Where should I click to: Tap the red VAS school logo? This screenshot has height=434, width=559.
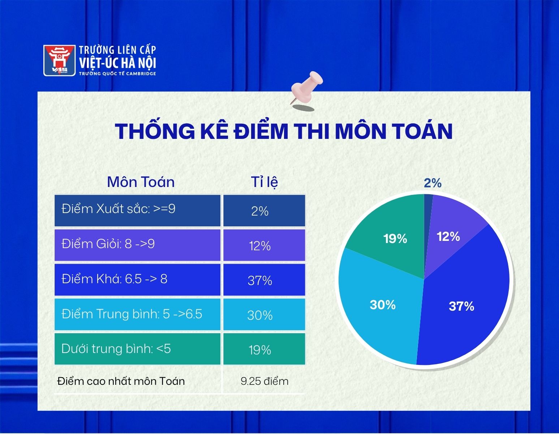pos(59,60)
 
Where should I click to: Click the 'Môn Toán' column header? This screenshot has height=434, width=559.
pos(141,182)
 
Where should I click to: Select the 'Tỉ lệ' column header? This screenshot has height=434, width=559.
pos(264,182)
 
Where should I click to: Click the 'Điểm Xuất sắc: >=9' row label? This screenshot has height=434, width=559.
pos(118,209)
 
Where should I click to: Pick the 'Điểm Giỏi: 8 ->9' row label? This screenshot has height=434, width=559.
pos(108,243)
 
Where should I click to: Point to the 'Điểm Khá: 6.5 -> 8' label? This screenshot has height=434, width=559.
pos(115,279)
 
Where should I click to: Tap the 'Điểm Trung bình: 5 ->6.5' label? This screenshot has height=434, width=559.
pos(132,314)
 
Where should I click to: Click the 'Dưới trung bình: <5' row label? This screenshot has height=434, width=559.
pos(116,349)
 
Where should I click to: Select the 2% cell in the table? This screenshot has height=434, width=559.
pos(264,210)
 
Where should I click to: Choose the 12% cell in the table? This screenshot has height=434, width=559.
pos(264,245)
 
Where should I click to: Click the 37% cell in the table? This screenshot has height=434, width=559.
pos(264,280)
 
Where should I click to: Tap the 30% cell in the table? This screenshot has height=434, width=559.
pos(264,315)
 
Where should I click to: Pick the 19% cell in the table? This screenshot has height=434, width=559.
pos(264,349)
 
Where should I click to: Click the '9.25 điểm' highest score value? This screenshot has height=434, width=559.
pos(265,381)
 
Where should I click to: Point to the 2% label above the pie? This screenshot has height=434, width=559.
pos(433,183)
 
